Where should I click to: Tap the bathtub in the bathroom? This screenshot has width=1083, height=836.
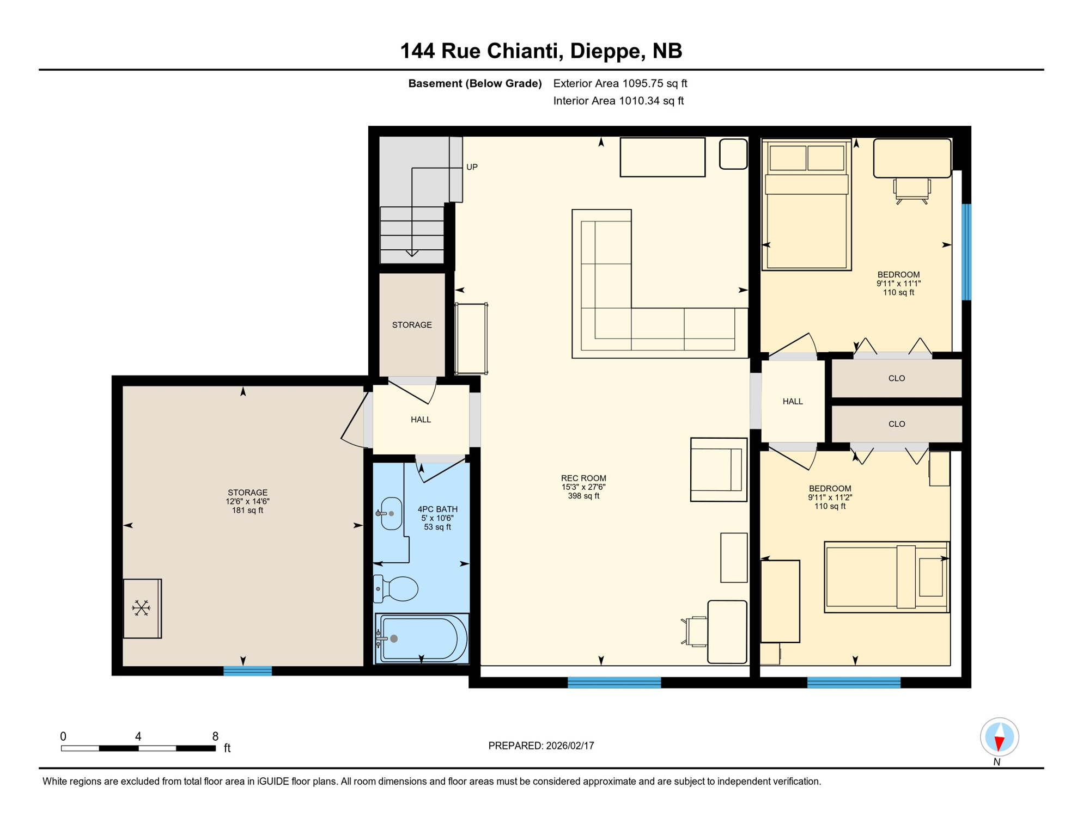[423, 638]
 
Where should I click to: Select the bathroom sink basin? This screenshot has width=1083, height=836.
[391, 513]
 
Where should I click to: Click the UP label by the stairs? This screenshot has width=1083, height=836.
[472, 167]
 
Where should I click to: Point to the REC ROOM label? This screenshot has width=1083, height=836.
[583, 478]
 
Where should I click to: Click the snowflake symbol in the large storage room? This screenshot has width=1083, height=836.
[141, 608]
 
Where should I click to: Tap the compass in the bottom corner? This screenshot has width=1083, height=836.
[999, 737]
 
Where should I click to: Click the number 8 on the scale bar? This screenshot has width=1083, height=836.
[215, 736]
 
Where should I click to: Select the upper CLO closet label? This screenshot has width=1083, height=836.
[896, 378]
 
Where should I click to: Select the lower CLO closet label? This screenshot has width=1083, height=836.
[896, 424]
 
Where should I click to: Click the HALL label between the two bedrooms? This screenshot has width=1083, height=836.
[792, 402]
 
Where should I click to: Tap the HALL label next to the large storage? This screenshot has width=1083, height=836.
[421, 420]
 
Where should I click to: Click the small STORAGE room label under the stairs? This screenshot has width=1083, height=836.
[412, 325]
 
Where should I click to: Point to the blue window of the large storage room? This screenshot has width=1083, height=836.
[247, 671]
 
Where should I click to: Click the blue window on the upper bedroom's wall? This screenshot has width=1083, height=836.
[966, 251]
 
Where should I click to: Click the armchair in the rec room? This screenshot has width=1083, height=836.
[718, 469]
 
